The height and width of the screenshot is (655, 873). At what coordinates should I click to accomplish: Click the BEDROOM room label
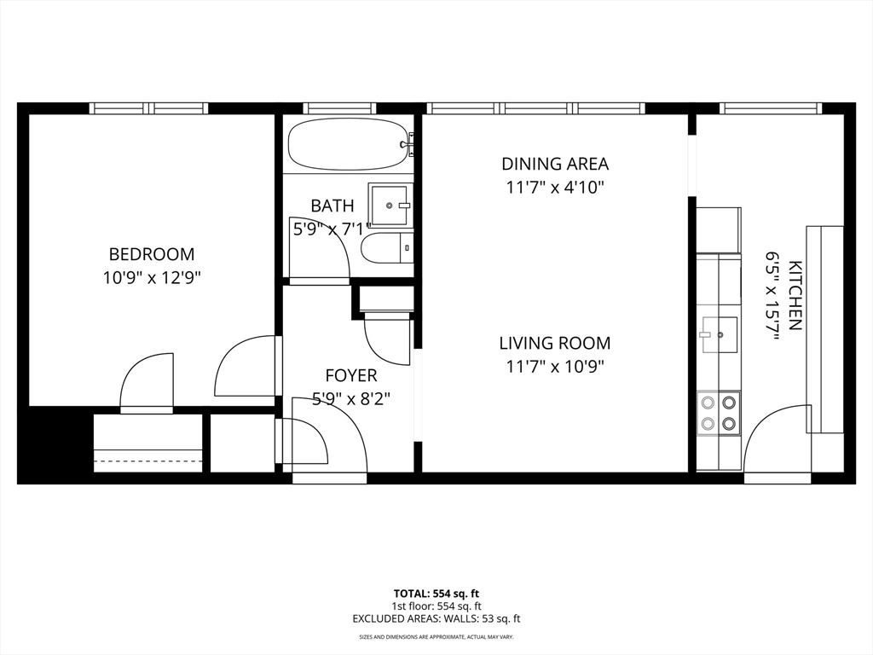click(152, 254)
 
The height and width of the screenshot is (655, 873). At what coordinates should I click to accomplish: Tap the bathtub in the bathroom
click(347, 144)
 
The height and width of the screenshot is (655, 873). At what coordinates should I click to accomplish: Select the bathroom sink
click(390, 205)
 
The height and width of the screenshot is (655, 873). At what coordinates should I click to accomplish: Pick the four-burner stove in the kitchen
click(718, 413)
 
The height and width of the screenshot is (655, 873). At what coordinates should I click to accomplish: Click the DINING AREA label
click(555, 164)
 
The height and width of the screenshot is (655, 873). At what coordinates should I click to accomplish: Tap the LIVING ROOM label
click(555, 344)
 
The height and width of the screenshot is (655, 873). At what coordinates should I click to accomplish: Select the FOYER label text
click(350, 375)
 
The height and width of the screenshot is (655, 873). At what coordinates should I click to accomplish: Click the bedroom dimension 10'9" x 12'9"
click(152, 277)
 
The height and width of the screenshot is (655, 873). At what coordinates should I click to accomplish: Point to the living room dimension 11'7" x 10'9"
click(555, 367)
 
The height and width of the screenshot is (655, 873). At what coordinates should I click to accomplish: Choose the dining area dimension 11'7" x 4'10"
click(555, 187)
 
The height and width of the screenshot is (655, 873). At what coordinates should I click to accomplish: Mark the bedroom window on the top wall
click(149, 108)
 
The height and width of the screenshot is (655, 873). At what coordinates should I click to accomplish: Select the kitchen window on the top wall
click(770, 108)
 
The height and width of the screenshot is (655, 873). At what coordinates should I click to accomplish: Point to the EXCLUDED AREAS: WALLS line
click(436, 619)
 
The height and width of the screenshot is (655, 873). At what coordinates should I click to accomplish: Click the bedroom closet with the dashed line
click(147, 443)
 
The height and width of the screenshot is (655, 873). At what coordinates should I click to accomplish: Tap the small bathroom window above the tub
click(341, 108)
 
